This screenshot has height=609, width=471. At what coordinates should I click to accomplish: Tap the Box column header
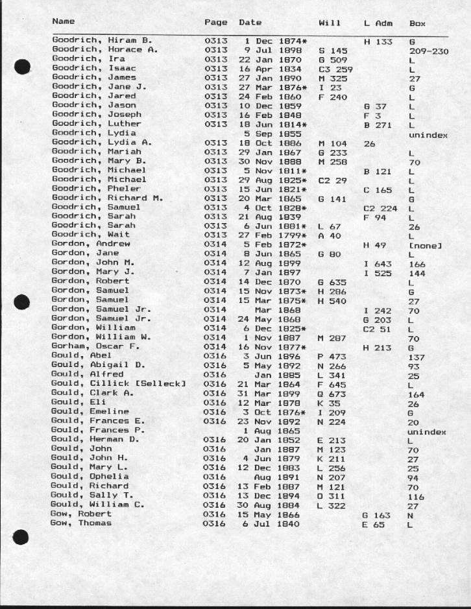coord(417,23)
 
